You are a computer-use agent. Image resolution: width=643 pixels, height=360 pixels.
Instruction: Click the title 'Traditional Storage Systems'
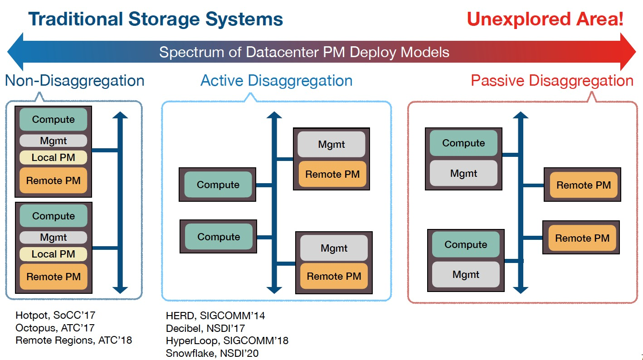click(x=156, y=19)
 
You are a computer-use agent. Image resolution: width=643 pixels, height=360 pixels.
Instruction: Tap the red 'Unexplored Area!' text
click(x=545, y=19)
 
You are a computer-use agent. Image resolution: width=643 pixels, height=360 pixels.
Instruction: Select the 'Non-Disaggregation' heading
click(x=74, y=81)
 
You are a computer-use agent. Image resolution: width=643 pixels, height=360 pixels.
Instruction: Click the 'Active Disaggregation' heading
click(x=276, y=81)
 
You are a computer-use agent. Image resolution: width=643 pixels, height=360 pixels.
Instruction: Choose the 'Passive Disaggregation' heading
click(x=552, y=81)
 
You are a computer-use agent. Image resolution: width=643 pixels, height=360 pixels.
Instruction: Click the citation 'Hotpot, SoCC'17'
click(x=55, y=315)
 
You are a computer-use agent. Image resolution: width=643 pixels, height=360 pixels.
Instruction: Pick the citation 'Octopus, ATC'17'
click(x=55, y=327)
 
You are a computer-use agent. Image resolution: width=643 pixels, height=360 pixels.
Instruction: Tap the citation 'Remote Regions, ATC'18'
click(x=73, y=340)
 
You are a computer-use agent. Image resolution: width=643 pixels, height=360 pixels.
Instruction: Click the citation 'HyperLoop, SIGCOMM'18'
click(x=227, y=341)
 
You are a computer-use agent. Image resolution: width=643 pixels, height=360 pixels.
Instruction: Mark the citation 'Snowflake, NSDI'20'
click(x=212, y=353)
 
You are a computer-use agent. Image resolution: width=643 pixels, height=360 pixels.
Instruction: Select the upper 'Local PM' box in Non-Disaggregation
click(x=53, y=158)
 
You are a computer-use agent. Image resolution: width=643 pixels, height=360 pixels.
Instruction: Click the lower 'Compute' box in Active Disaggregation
click(x=219, y=237)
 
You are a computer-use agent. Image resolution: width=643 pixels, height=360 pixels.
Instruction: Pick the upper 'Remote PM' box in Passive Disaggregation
click(x=584, y=185)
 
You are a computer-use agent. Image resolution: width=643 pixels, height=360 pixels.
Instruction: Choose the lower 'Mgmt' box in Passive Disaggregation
click(x=466, y=274)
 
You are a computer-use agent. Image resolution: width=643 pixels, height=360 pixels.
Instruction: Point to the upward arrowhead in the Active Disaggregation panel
click(x=274, y=116)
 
